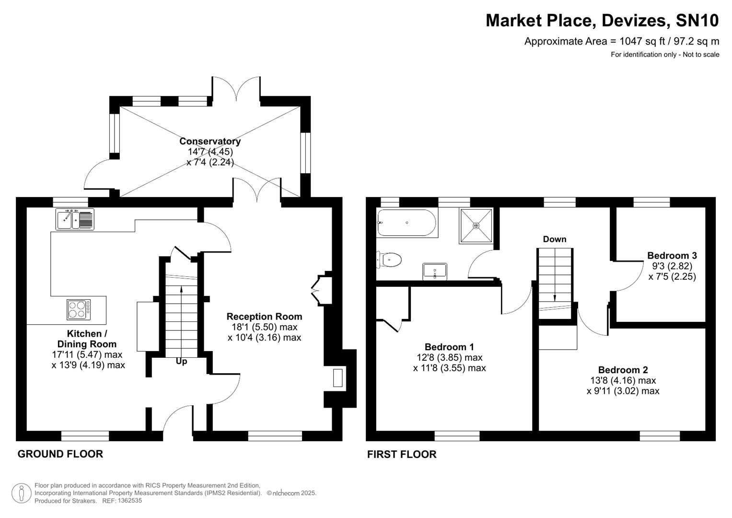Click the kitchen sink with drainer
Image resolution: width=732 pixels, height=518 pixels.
(x=75, y=219)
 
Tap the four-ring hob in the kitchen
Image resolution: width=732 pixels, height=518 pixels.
(x=78, y=309)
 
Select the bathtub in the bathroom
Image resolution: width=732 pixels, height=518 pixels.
(x=407, y=223)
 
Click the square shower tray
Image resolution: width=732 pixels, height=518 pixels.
(x=476, y=225)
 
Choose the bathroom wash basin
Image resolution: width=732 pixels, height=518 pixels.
(x=435, y=271)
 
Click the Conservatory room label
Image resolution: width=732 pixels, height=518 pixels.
(x=210, y=141)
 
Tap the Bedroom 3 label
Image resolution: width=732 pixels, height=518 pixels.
(x=672, y=256)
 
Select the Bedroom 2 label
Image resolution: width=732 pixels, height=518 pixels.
(x=623, y=370)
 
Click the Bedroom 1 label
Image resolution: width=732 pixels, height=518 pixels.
(x=449, y=347)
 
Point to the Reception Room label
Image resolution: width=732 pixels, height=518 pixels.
(x=264, y=317)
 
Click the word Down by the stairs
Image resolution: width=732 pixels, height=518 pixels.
(x=555, y=239)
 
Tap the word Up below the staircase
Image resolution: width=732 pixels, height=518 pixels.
(x=181, y=361)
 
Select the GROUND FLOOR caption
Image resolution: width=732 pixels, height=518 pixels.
(x=60, y=454)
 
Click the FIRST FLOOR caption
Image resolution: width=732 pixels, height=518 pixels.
(x=402, y=454)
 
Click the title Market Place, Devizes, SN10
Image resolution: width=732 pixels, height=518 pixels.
(x=602, y=21)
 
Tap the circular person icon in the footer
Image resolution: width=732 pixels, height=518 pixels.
(x=22, y=494)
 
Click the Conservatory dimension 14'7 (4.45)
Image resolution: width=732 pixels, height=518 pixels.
(x=210, y=152)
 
